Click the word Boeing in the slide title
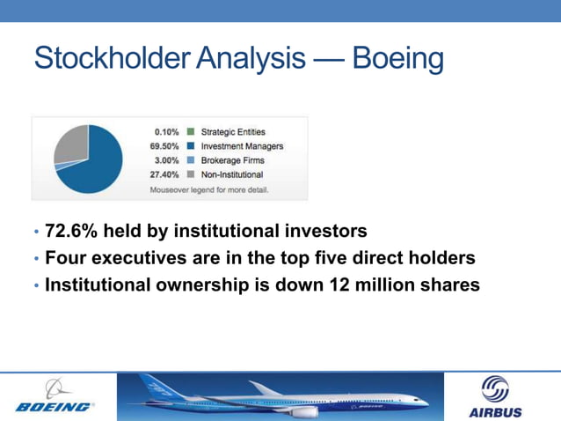coord(397,59)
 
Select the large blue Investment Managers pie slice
coord(92,167)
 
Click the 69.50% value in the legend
coord(164,146)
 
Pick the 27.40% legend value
coord(164,174)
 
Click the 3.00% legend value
coord(166,160)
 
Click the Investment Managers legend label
coord(242,146)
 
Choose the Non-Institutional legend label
coord(232,174)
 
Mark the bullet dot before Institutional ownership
coord(36,285)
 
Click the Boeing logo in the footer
coord(55,396)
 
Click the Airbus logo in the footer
coord(495,397)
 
